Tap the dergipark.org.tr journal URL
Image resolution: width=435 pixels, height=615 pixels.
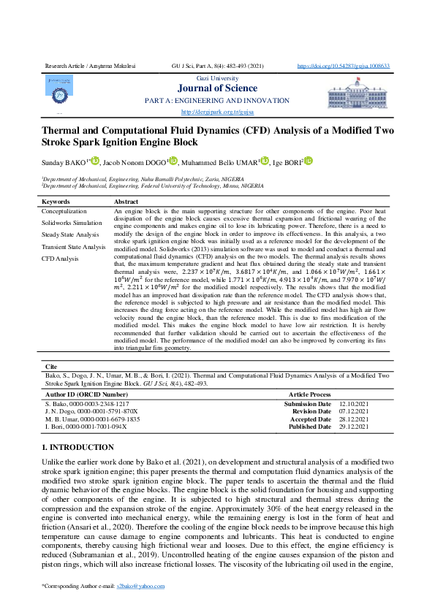pyautogui.click(x=217, y=112)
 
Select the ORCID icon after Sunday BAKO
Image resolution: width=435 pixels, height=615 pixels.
pyautogui.click(x=94, y=161)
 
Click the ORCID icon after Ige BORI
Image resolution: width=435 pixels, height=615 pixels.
pyautogui.click(x=309, y=161)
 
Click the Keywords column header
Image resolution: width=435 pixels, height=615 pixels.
pyautogui.click(x=56, y=201)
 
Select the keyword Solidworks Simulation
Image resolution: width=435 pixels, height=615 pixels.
pyautogui.click(x=72, y=222)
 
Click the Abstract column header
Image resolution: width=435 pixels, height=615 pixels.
pyautogui.click(x=126, y=201)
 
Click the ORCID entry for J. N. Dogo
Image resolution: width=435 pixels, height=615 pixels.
pyautogui.click(x=91, y=411)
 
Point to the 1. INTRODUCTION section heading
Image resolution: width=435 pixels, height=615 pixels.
pyautogui.click(x=76, y=446)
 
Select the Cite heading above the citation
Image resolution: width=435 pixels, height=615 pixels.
pyautogui.click(x=51, y=366)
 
